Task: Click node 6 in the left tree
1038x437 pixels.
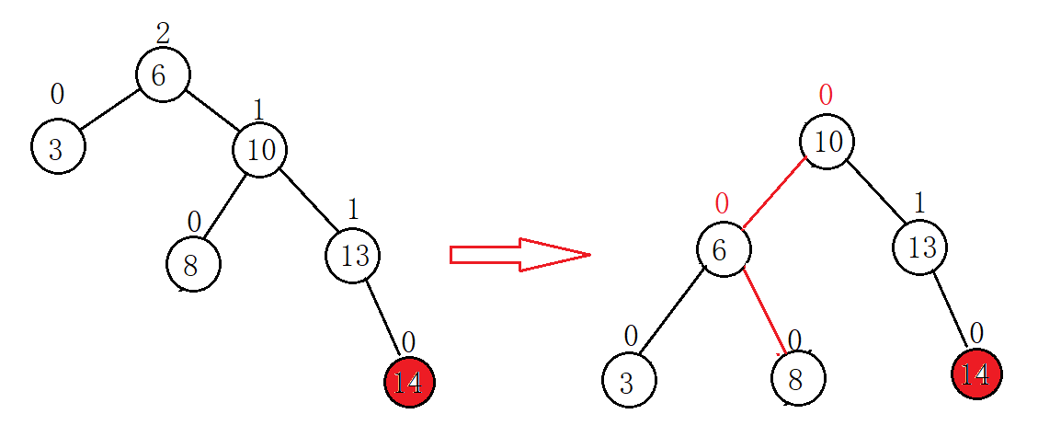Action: (163, 75)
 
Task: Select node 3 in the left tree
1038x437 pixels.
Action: (58, 147)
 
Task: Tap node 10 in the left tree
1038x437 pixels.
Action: (260, 149)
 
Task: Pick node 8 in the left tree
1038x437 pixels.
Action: (193, 264)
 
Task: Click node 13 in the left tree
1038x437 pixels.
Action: (353, 255)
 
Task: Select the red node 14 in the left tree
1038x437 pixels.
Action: (409, 382)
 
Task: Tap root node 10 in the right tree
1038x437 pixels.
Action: (827, 142)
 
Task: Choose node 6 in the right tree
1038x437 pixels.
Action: (723, 249)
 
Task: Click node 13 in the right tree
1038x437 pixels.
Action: (919, 247)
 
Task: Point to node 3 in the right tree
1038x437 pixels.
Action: (629, 381)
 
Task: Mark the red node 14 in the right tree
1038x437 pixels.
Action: (975, 374)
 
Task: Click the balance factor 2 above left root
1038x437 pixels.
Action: (163, 34)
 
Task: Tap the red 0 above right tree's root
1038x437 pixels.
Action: (826, 95)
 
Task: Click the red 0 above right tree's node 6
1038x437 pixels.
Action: (722, 202)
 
